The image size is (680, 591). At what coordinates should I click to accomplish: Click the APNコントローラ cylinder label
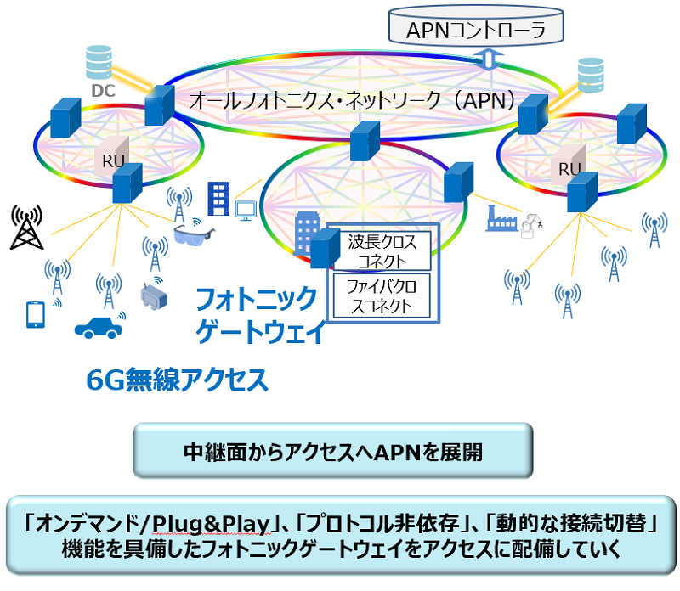pyautogui.click(x=476, y=31)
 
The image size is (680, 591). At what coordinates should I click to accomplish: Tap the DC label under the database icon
pyautogui.click(x=103, y=91)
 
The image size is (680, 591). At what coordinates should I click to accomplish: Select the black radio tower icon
pyautogui.click(x=27, y=227)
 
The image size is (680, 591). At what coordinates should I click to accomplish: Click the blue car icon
pyautogui.click(x=98, y=327)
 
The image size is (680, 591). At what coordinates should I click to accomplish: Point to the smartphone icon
pyautogui.click(x=35, y=314)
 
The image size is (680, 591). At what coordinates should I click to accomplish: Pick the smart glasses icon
pyautogui.click(x=194, y=235)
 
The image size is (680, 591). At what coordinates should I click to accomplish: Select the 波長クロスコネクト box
pyautogui.click(x=382, y=250)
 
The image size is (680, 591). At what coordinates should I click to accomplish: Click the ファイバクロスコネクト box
pyautogui.click(x=382, y=295)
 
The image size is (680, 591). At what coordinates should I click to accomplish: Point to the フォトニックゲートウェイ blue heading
pyautogui.click(x=260, y=315)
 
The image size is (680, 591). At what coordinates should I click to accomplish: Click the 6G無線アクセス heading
pyautogui.click(x=178, y=380)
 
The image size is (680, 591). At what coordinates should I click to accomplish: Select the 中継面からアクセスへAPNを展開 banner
pyautogui.click(x=333, y=451)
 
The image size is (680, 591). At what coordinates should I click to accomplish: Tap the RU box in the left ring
pyautogui.click(x=112, y=157)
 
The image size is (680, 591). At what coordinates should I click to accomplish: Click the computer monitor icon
pyautogui.click(x=246, y=211)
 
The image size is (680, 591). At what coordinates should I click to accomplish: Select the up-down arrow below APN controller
pyautogui.click(x=489, y=59)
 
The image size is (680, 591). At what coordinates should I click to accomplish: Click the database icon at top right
pyautogui.click(x=591, y=75)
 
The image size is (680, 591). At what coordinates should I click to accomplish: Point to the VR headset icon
pyautogui.click(x=154, y=296)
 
